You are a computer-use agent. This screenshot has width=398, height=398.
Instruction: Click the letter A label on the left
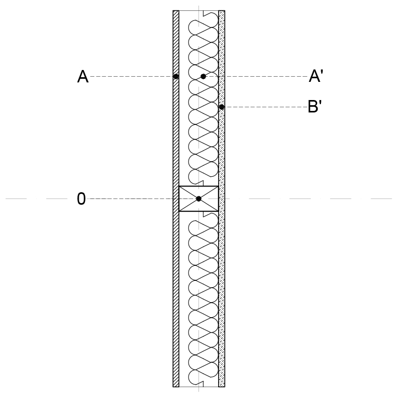(83, 77)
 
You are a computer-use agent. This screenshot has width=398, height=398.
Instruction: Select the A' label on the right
(316, 76)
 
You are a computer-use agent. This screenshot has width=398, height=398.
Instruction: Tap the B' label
(315, 106)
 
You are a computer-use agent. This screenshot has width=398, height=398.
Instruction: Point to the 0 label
(81, 198)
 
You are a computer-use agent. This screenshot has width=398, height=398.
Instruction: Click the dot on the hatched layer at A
(176, 76)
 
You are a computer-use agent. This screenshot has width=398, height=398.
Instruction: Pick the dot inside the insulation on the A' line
(203, 76)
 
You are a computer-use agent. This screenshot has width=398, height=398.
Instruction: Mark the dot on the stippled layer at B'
(221, 107)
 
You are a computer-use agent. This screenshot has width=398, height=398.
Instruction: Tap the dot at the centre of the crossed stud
(199, 199)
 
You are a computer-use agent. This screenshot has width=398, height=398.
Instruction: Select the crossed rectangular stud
(199, 198)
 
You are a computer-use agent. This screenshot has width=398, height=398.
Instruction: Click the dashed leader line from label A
(132, 76)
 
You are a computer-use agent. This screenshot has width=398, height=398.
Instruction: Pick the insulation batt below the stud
(203, 299)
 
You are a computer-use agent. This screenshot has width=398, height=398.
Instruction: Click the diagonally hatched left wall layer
(176, 198)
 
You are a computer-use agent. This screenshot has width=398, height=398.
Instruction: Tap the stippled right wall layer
(222, 198)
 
